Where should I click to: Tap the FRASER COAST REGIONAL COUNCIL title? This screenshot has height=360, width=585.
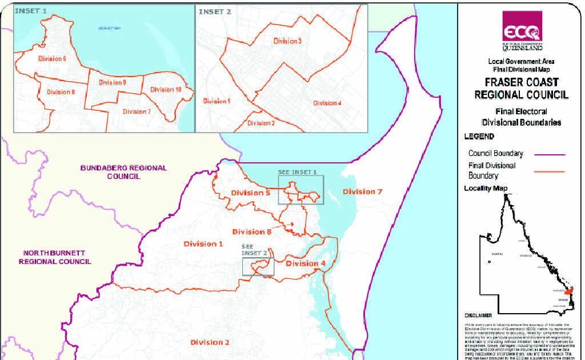coord(522,88)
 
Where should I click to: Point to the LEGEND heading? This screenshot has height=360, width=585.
coord(479,137)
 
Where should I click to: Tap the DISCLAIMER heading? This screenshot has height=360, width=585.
coord(478,315)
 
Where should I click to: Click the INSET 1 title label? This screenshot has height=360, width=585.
coord(31,11)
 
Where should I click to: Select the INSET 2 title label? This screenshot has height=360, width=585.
coord(215,11)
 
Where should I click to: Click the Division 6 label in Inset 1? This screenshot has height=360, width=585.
coord(53,59)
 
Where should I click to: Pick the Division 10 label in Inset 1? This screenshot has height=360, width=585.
coord(166,90)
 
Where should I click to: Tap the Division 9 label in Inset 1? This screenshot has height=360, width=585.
coord(113,82)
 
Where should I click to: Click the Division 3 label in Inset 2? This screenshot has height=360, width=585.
coord(286,41)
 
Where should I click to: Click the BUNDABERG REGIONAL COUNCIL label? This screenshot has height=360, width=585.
coord(123,172)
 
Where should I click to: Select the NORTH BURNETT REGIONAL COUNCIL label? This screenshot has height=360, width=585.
coord(55,257)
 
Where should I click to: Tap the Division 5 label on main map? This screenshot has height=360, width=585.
coord(251,193)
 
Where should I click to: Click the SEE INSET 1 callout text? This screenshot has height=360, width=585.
coord(297,172)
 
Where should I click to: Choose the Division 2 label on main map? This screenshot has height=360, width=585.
coord(210,342)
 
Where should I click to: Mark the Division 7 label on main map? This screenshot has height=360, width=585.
coord(362,192)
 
